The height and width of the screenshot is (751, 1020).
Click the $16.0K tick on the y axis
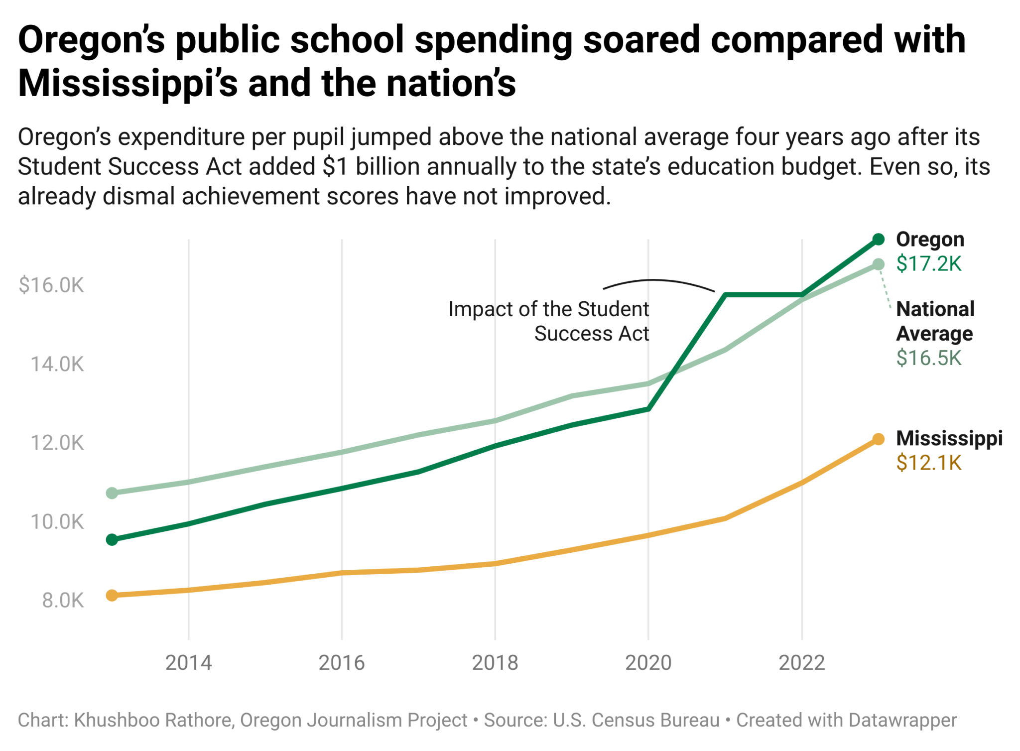[51, 285]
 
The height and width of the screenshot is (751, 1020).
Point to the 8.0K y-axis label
[63, 601]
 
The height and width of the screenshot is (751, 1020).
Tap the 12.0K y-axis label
[57, 443]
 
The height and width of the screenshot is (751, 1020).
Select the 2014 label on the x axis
[188, 663]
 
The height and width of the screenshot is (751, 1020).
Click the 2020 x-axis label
[648, 663]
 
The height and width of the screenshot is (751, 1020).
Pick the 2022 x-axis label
[801, 663]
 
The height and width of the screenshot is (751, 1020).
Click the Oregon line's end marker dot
[879, 240]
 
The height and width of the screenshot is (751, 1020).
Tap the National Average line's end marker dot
[879, 264]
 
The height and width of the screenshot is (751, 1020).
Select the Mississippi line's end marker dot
[879, 439]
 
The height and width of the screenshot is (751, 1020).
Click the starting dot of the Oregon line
[112, 540]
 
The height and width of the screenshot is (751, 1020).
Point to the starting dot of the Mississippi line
[112, 595]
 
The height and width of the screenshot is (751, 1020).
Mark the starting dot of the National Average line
[112, 493]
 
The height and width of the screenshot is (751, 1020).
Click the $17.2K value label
[928, 264]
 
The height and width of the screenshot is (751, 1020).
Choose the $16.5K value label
[928, 358]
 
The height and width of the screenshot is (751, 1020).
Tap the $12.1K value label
[928, 463]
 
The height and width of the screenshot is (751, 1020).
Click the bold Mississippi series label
[949, 438]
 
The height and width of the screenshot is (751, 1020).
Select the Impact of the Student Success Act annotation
[549, 321]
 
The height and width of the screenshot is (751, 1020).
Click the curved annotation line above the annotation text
[657, 281]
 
